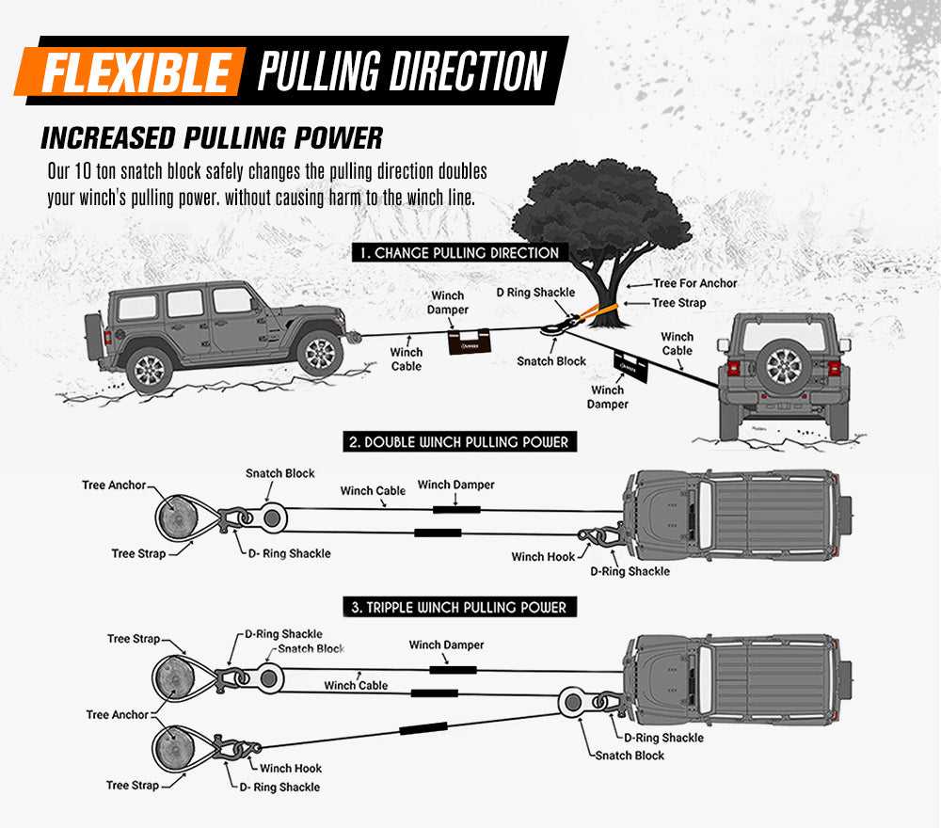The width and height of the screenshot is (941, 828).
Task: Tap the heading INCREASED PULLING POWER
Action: (x=212, y=137)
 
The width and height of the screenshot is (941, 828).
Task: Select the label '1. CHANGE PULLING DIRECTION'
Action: (x=457, y=252)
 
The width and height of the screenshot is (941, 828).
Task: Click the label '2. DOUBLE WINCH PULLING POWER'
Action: (x=459, y=441)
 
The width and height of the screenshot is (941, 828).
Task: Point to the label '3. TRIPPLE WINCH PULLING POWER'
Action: (x=459, y=608)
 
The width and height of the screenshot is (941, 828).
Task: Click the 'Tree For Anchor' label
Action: (x=695, y=283)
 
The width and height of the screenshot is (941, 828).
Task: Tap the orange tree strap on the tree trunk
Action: (x=602, y=310)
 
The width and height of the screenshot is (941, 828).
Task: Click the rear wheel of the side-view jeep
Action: (x=150, y=368)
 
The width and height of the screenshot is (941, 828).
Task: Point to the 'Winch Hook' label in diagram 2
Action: (x=543, y=557)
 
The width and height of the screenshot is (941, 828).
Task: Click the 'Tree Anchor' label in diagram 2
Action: (x=114, y=486)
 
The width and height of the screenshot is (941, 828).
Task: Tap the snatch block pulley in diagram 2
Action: (x=274, y=516)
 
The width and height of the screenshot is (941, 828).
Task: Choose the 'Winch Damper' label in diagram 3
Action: (x=446, y=645)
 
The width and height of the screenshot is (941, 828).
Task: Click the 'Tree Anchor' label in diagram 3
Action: (x=118, y=715)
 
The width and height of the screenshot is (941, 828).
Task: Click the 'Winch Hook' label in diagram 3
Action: (x=291, y=769)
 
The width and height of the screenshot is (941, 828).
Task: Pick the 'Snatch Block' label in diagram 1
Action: (x=551, y=361)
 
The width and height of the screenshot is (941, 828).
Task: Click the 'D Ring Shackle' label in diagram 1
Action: (x=535, y=293)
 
